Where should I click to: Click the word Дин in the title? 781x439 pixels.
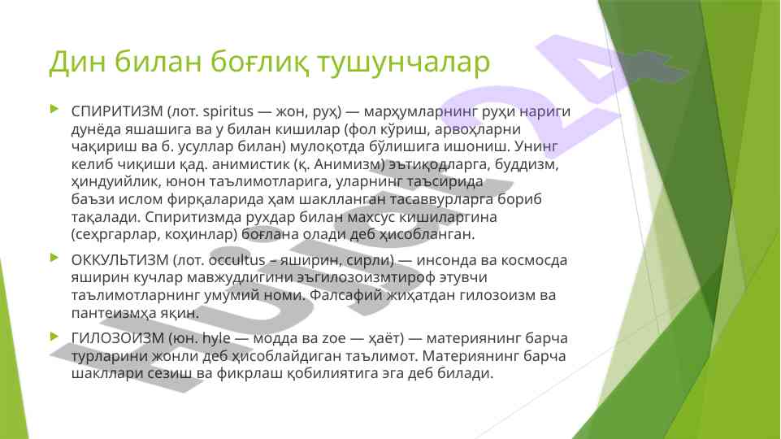click(76, 61)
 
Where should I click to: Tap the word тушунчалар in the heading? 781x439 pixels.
click(403, 63)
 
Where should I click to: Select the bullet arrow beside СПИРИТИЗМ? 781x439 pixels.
click(54, 109)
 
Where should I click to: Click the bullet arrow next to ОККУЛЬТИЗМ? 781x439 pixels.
click(54, 258)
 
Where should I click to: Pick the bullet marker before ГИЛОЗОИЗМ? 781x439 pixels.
click(54, 337)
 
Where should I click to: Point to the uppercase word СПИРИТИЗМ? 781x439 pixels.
click(117, 111)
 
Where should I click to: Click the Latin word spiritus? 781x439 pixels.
click(228, 111)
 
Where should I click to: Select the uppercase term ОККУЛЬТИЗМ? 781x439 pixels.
click(120, 260)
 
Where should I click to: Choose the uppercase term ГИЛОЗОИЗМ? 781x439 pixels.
click(118, 338)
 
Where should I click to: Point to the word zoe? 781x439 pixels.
click(334, 339)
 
